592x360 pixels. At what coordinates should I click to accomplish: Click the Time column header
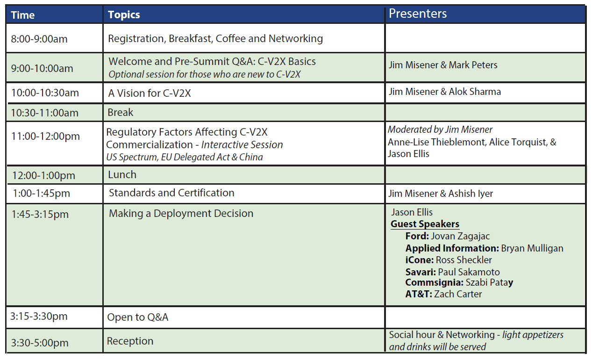23,15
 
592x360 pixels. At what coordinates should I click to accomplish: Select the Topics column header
124,15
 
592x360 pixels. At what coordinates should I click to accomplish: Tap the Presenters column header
418,14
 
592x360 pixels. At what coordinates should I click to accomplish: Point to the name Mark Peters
473,65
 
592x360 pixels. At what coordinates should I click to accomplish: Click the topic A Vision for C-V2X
150,93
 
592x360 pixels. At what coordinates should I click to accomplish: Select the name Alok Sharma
475,92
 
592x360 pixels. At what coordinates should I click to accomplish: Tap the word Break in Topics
120,112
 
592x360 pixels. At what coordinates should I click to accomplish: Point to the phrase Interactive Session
242,144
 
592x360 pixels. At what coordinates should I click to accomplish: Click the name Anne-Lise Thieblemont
437,142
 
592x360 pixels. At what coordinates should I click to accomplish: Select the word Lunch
122,174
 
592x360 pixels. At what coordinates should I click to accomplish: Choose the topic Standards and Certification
171,193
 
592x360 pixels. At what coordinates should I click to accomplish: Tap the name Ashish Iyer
471,194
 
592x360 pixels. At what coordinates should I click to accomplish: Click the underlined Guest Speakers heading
425,224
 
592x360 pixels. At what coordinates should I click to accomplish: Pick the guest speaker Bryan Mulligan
532,248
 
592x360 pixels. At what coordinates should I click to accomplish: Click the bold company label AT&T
419,294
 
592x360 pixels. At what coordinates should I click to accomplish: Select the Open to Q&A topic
138,317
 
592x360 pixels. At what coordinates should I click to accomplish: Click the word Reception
130,341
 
